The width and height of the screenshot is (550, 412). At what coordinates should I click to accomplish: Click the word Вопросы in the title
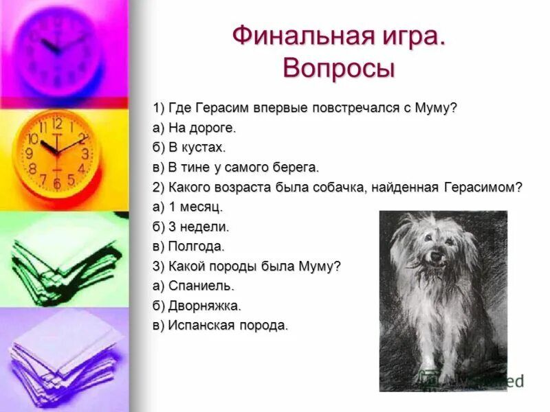(x=338, y=69)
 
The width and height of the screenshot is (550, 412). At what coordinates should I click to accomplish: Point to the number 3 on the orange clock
(x=85, y=154)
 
